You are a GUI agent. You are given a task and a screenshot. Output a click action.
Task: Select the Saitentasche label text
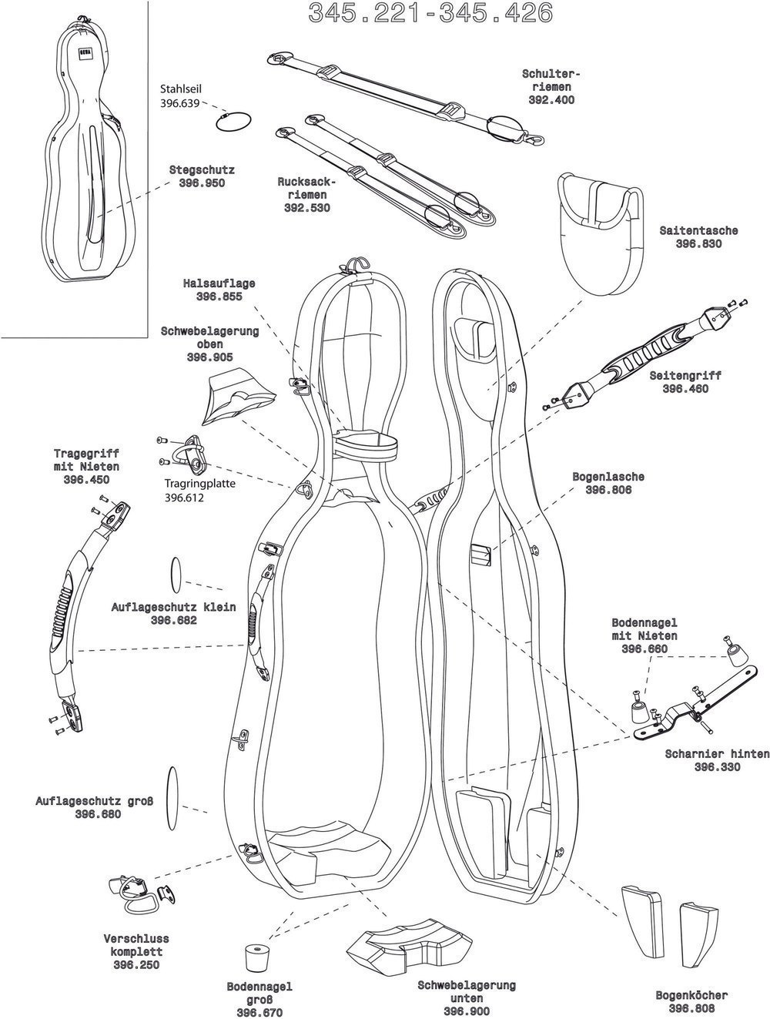[698, 230]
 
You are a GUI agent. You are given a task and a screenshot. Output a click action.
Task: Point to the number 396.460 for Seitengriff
[685, 389]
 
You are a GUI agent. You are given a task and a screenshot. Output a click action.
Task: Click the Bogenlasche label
[608, 477]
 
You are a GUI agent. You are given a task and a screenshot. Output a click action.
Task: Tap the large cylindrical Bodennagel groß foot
[256, 958]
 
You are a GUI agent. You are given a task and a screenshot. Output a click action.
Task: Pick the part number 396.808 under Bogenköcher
[691, 1009]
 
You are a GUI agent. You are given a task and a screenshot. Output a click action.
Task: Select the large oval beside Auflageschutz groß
[172, 799]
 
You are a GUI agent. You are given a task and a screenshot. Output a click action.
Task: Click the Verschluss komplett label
[136, 945]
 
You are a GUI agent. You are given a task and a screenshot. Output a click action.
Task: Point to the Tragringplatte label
[199, 484]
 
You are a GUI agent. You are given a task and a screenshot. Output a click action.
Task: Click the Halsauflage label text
[219, 283]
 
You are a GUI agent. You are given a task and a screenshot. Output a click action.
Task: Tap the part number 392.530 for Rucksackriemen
[306, 208]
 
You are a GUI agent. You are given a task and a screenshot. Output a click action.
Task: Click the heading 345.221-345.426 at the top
[430, 13]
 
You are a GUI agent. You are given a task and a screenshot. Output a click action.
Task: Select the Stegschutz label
[202, 169]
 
